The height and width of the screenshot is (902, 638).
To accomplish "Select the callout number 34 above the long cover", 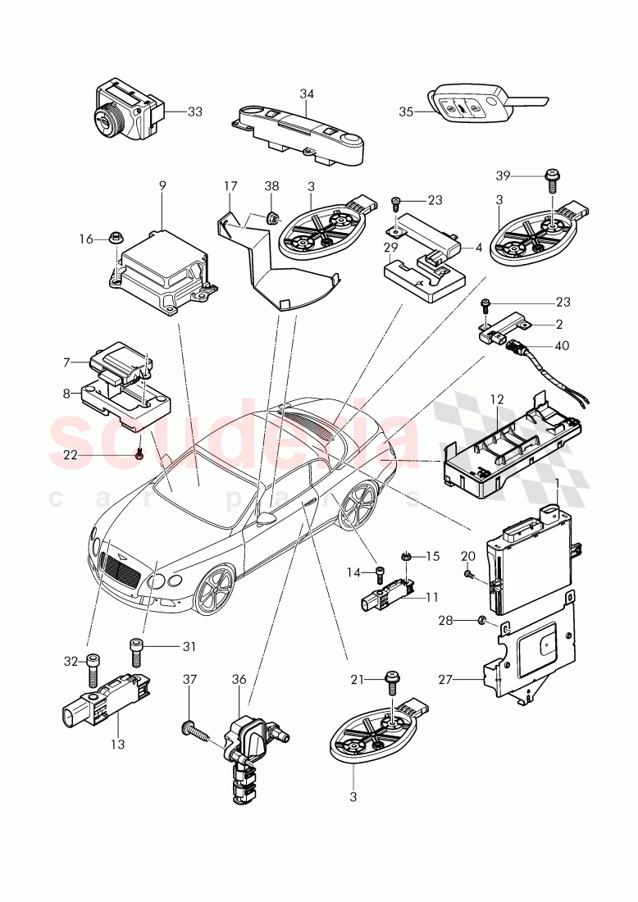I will [306, 94].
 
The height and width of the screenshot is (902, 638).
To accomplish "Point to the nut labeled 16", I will [114, 239].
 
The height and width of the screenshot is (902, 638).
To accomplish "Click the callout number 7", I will [68, 362].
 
